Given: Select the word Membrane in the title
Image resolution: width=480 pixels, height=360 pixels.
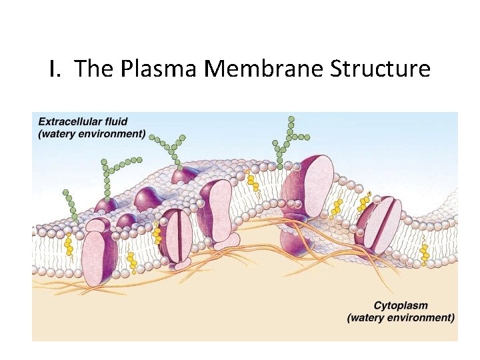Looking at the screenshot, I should pyautogui.click(x=267, y=68).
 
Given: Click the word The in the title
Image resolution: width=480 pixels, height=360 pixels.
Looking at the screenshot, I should pyautogui.click(x=95, y=68).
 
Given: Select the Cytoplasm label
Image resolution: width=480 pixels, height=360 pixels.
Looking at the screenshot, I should pyautogui.click(x=400, y=305).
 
